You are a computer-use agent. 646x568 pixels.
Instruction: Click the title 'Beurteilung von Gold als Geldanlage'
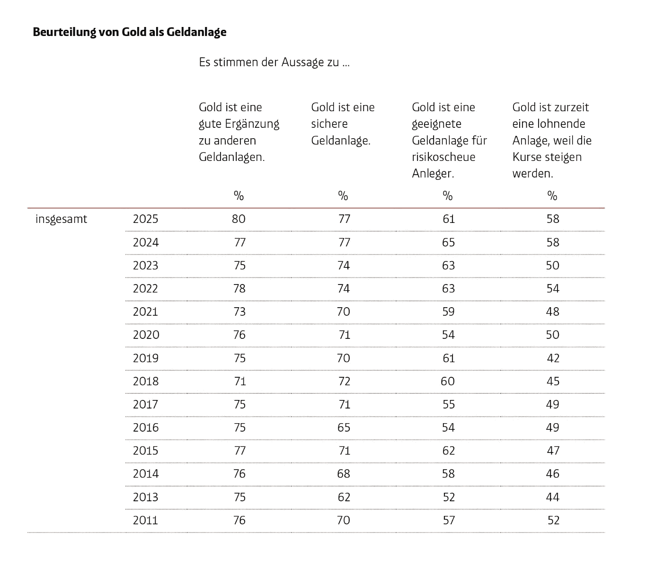tap(130, 32)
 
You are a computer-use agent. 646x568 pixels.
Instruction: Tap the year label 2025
tap(145, 219)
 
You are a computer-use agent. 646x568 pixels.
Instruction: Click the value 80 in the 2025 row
tap(239, 219)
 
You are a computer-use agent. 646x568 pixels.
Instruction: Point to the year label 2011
tap(145, 520)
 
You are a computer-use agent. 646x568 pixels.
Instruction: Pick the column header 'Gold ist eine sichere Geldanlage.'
tap(343, 124)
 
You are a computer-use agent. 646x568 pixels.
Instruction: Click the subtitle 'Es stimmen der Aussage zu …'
tap(274, 62)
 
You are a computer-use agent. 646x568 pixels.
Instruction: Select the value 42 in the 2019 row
tap(553, 358)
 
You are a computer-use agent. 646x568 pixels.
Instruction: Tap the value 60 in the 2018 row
tap(448, 381)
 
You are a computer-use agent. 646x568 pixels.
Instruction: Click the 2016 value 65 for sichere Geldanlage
tap(344, 427)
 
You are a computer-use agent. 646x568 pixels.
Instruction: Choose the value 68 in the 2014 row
tap(344, 474)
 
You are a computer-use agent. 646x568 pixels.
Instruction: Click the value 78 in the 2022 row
tap(239, 288)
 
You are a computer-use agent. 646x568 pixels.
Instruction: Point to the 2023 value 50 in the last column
tap(553, 266)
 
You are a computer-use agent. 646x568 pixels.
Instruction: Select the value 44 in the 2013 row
tap(553, 497)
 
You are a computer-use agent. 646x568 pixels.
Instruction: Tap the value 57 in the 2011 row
tap(449, 520)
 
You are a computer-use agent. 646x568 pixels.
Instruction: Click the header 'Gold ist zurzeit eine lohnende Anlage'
tap(552, 124)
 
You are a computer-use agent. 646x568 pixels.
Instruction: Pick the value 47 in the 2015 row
tap(553, 451)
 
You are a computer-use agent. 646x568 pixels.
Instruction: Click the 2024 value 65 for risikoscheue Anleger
tap(448, 242)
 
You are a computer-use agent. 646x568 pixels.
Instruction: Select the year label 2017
tap(145, 404)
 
